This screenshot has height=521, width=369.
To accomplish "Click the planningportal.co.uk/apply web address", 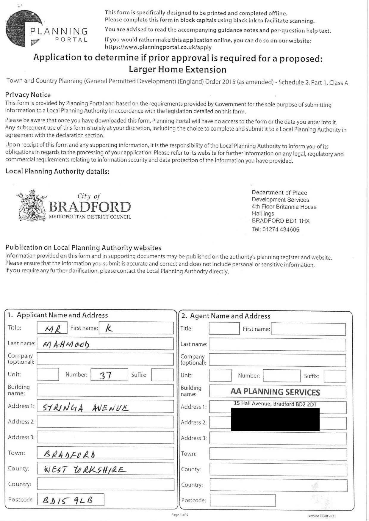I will tap(158, 47).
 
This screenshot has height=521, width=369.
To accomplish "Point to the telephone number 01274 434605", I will tap(275, 229).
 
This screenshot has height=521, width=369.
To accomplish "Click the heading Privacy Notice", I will tap(28, 95).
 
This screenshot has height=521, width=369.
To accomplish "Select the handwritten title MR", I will tap(53, 329).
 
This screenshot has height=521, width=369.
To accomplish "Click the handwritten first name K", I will tap(109, 328).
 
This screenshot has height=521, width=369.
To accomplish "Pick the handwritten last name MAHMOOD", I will tap(66, 344).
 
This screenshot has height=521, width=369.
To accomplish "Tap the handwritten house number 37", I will tap(105, 375).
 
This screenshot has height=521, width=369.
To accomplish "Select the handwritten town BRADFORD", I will tap(69, 454).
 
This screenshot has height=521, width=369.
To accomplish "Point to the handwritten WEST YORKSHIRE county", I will tap(85, 470).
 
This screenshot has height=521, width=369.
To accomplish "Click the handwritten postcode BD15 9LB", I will tap(68, 500).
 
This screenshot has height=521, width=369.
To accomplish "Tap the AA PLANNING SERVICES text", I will tap(275, 392).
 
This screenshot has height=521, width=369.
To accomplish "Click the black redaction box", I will tap(275, 419).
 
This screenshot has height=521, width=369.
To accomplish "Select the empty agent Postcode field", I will tap(243, 500).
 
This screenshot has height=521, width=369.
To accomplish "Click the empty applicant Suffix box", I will tap(162, 375).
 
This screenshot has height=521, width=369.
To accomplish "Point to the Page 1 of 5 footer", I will tap(180, 514).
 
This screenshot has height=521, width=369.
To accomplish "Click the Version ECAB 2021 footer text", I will tap(322, 516).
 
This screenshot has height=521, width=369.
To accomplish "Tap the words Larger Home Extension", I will tap(178, 70).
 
